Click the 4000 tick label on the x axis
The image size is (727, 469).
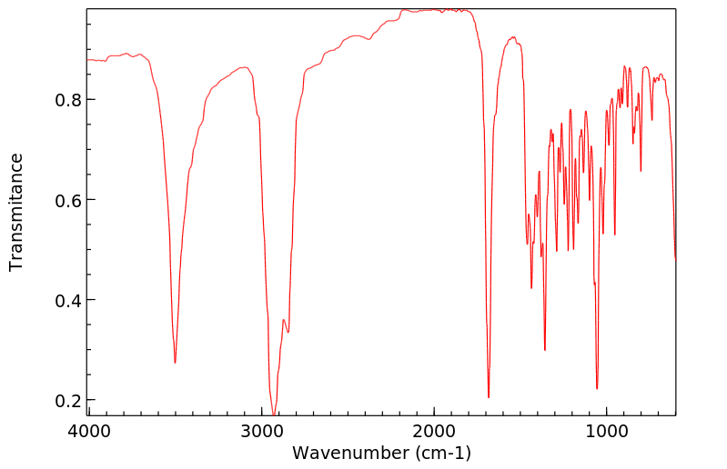[88, 432]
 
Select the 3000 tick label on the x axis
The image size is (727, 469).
[262, 432]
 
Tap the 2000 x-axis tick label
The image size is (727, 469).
[434, 432]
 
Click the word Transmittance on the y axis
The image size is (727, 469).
[16, 212]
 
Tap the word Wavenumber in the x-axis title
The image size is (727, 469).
[347, 453]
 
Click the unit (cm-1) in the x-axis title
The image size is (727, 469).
[439, 453]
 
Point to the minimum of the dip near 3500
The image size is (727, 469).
[175, 363]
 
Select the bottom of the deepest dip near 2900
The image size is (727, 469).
[273, 414]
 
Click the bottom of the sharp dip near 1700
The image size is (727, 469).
[489, 397]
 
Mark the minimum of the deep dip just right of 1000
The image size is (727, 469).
[597, 389]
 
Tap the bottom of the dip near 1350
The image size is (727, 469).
[544, 350]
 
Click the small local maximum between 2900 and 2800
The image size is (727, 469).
[284, 320]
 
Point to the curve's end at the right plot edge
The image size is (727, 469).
[675, 259]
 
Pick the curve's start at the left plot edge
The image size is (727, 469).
[88, 60]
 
